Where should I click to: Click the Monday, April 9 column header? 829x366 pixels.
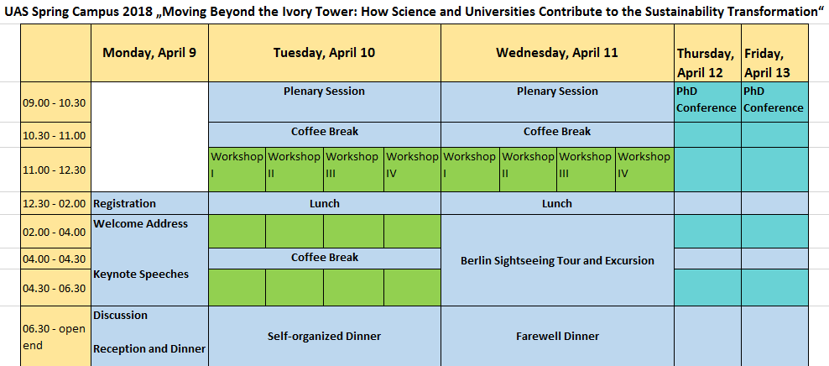(149, 53)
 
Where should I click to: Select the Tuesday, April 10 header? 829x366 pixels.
(325, 53)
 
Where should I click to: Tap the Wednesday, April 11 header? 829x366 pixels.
(557, 53)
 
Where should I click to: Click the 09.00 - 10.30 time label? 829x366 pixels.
(54, 102)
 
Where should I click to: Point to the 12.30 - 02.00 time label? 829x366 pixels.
(54, 204)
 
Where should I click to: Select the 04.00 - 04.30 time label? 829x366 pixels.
(54, 259)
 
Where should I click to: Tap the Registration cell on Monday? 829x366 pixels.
(149, 204)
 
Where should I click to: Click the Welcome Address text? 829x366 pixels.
(141, 224)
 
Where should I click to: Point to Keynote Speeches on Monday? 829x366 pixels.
(141, 274)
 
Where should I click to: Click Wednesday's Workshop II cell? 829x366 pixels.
(528, 170)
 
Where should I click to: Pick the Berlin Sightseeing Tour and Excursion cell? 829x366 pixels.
(557, 260)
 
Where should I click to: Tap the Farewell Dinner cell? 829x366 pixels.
(557, 337)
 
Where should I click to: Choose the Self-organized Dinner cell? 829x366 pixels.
(325, 337)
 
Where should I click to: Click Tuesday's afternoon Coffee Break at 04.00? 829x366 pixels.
(325, 258)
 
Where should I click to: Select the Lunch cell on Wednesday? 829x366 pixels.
(557, 204)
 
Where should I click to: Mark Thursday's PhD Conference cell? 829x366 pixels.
(707, 102)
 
